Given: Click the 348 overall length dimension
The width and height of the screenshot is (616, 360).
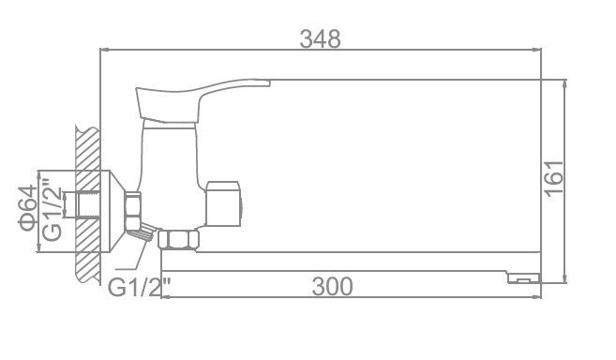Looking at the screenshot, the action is [x=320, y=39].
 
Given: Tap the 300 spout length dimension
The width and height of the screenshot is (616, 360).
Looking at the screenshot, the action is [x=332, y=287].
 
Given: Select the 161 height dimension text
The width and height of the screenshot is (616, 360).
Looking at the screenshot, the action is [x=554, y=178].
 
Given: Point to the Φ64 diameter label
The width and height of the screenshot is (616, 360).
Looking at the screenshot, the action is [x=28, y=208].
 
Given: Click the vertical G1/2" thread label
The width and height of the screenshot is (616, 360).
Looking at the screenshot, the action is [x=52, y=209].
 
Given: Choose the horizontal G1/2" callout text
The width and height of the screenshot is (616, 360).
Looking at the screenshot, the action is [x=141, y=288].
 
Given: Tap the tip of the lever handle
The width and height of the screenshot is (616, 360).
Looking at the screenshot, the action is [x=270, y=82].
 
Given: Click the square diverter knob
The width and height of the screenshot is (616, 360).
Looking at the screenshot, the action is [x=223, y=203].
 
